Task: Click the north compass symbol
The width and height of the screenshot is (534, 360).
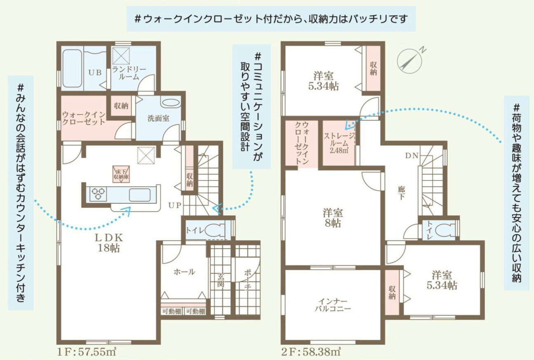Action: coord(410,61)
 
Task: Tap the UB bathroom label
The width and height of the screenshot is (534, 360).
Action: coord(95,72)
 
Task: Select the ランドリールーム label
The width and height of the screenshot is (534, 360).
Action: coord(129,73)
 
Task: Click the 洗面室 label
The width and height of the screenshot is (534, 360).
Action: coord(158,118)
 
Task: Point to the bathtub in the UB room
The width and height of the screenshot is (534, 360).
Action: coord(72,69)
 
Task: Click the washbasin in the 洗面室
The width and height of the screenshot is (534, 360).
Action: coord(171,103)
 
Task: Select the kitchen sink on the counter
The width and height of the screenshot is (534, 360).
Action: coord(140,195)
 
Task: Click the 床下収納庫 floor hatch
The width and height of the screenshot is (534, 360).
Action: coord(121,174)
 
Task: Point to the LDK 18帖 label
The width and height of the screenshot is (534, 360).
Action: coord(108,243)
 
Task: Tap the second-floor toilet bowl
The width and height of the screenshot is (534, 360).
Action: coord(444,230)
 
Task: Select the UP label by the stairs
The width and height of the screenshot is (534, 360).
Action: coord(175,205)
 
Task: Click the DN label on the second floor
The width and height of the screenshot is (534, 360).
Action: coord(412,156)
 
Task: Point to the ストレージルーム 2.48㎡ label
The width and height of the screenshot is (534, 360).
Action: coord(339,143)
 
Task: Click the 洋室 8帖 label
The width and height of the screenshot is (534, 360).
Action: coord(333,218)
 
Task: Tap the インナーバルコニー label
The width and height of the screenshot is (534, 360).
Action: coord(333,305)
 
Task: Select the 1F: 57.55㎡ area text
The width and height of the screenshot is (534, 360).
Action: coord(87,352)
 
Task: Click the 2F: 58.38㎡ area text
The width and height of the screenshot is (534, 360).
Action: coord(311,352)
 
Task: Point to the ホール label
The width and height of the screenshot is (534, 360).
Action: coord(184,271)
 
